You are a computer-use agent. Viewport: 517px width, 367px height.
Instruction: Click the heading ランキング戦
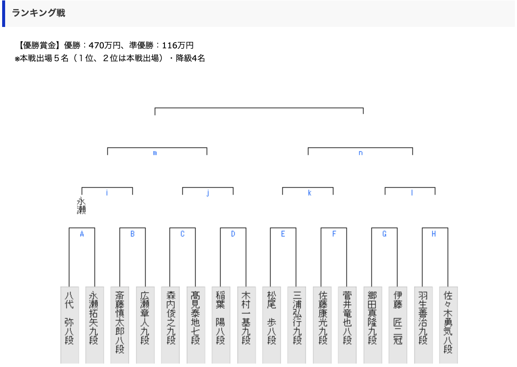coord(38,13)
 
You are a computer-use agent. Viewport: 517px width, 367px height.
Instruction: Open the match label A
coord(82,234)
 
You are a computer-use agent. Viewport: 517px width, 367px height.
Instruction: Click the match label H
coord(434,234)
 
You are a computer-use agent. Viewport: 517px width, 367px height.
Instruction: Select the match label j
coord(208,193)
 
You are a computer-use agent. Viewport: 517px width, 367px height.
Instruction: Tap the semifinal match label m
coord(155,153)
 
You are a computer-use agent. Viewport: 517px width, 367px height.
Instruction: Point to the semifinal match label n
coord(360,153)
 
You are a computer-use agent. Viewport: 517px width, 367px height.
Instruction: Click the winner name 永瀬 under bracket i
coord(81,206)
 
